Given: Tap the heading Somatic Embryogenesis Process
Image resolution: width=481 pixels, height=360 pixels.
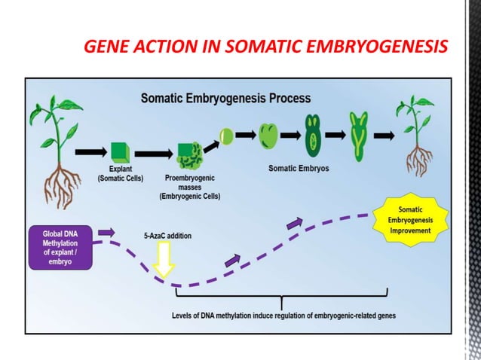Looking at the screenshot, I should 226,99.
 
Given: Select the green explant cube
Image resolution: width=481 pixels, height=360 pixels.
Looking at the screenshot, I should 121,151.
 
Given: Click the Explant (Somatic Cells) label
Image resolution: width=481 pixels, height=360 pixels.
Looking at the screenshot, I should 120,174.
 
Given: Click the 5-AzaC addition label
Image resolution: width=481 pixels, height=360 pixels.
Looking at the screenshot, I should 167,236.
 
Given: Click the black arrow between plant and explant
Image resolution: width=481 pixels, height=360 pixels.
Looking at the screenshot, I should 93,152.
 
